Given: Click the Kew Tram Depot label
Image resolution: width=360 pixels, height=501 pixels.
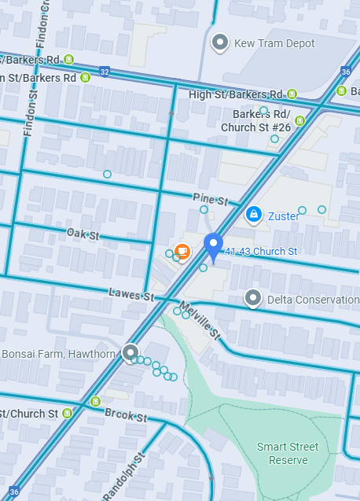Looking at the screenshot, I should [x=274, y=43].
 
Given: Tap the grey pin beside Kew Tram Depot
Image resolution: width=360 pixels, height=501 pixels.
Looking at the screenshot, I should [x=221, y=42].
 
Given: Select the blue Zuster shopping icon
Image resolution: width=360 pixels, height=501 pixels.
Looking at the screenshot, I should [x=253, y=214].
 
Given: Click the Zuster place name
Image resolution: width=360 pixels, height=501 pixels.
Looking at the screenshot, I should [x=284, y=216].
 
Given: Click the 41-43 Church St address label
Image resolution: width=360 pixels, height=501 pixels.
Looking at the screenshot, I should [x=261, y=252].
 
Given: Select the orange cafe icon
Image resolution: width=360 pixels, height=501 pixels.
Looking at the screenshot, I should [x=182, y=252].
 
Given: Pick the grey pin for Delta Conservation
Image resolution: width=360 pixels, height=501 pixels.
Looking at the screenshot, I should [x=253, y=298].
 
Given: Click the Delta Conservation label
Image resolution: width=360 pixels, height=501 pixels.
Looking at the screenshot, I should [x=312, y=300].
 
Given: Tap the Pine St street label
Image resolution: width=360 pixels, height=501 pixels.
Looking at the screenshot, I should [x=210, y=197].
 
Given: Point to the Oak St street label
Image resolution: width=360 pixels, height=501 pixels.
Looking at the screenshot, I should [x=83, y=234].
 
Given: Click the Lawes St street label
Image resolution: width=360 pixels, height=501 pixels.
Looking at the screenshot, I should [x=130, y=294].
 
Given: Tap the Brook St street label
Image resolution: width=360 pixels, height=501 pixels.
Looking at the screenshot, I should [x=126, y=414].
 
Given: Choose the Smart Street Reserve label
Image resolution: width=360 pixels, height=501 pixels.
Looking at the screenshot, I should [x=288, y=453].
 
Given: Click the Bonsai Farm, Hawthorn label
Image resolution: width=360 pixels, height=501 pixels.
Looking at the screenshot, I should [x=59, y=354].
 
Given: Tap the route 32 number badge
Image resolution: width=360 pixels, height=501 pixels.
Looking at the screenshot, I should [x=105, y=72].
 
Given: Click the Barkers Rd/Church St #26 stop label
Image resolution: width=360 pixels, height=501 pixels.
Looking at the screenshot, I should [x=256, y=120].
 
